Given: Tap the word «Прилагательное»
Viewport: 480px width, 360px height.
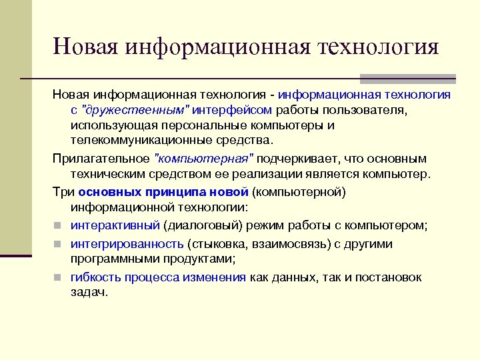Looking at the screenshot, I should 101,159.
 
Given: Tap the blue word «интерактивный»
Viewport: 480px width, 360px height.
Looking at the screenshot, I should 115,225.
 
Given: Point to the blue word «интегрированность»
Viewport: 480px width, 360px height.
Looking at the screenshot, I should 127,243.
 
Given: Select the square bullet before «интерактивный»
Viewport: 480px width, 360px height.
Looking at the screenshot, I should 58,225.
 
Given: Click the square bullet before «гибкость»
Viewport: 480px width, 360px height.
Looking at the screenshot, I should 58,277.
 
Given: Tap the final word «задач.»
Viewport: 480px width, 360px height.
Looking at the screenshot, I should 89,293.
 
